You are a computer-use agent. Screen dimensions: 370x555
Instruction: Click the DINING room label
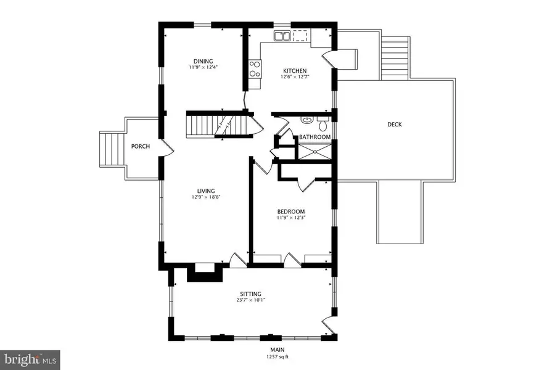[203, 61]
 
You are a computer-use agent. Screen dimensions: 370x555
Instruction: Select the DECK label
[395, 125]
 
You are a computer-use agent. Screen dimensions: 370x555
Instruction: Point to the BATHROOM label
[314, 137]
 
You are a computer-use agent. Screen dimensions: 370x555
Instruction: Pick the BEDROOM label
[290, 212]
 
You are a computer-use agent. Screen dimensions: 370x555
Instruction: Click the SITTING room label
[251, 294]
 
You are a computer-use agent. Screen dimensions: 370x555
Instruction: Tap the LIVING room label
[205, 191]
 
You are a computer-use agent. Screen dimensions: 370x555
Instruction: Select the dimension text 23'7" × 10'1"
[251, 301]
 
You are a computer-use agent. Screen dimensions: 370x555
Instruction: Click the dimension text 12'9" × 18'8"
[205, 198]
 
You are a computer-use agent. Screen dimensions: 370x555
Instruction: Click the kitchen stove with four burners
[255, 67]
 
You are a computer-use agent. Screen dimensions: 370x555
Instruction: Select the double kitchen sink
[282, 36]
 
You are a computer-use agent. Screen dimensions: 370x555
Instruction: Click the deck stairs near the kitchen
[395, 57]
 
